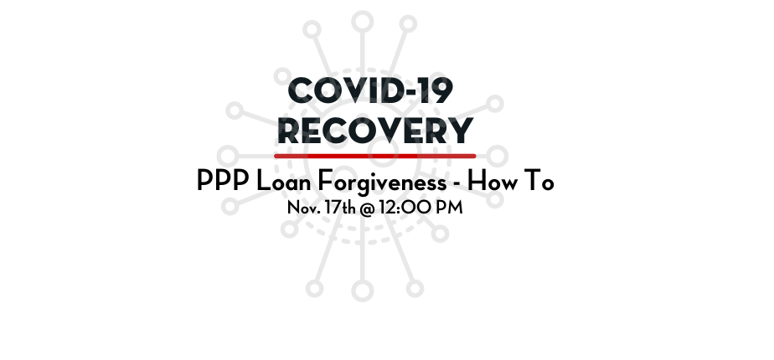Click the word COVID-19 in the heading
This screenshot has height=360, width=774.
pos(370,90)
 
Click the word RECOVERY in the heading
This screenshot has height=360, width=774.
pos(375,131)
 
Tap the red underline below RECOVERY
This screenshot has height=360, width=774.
pos(375,157)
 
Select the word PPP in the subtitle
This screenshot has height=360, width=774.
pos(223,181)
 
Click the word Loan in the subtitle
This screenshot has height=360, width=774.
pos(283,181)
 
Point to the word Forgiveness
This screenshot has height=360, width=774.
pos(382,183)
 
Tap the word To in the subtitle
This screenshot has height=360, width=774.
pos(541,181)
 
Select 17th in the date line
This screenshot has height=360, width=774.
pos(340,207)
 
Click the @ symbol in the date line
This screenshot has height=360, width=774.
pos(367,208)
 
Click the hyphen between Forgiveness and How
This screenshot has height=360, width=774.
pos(457,183)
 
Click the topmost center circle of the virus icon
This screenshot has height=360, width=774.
pos(363,23)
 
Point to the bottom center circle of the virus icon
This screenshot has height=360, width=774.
pos(363,291)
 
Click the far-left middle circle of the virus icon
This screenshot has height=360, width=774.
pos(228,157)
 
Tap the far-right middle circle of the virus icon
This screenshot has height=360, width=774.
pos(497,157)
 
